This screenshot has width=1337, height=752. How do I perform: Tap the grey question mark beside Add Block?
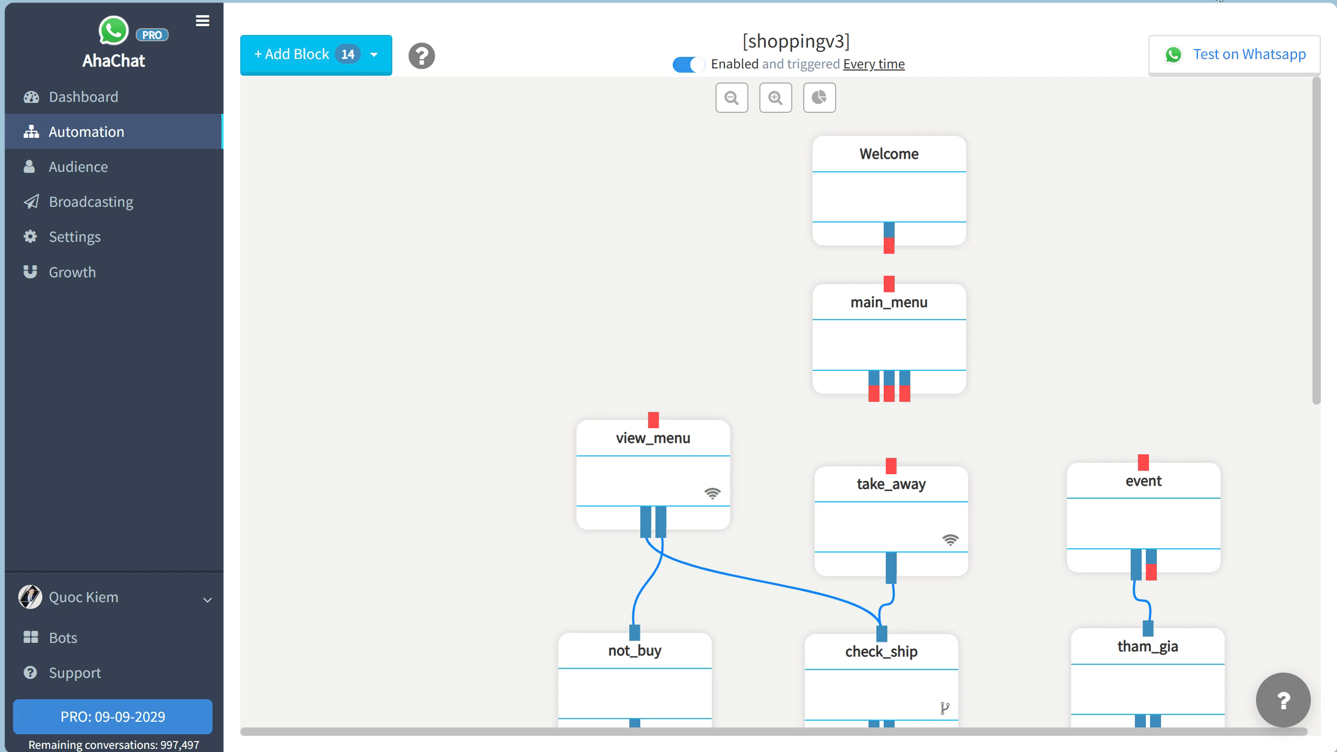click(421, 56)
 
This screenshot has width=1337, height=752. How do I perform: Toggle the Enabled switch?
click(688, 64)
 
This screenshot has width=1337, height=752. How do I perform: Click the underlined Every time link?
click(873, 64)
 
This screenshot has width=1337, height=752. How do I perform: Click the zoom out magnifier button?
click(731, 98)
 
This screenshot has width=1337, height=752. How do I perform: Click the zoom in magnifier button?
click(775, 98)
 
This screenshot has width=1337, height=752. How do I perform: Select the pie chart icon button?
click(819, 98)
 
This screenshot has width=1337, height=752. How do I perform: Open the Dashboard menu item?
click(83, 97)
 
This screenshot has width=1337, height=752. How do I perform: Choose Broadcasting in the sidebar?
click(91, 202)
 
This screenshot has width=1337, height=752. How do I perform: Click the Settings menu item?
click(75, 237)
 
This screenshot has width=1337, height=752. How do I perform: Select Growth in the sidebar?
click(72, 272)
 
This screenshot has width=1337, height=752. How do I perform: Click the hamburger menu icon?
click(203, 21)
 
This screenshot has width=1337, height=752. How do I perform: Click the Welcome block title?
click(888, 154)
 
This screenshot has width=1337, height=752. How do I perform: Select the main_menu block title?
click(888, 302)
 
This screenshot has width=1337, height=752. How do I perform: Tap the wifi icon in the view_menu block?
click(712, 493)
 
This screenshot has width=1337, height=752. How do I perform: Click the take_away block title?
click(890, 484)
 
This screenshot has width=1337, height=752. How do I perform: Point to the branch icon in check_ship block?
click(944, 708)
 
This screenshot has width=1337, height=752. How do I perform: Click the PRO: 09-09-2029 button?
click(113, 716)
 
